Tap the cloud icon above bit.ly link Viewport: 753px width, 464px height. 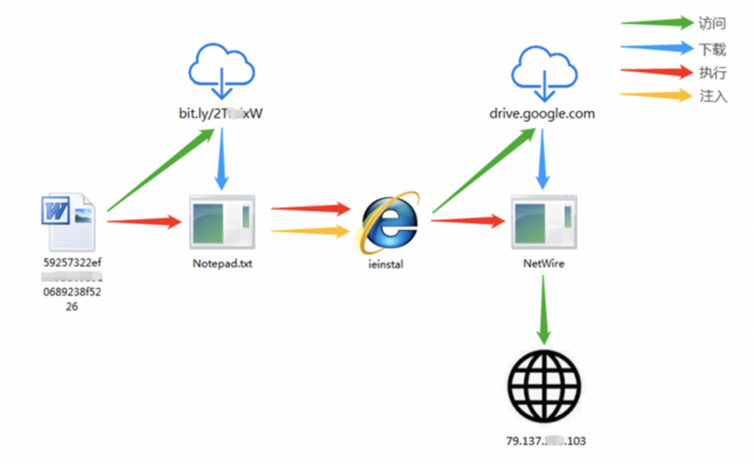[x=221, y=71]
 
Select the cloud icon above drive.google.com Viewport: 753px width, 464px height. [x=544, y=71]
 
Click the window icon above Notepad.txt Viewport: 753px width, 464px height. [x=221, y=221]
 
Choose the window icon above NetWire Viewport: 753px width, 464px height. [x=544, y=221]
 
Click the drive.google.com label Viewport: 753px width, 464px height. [x=542, y=114]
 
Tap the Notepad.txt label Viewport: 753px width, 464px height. [x=222, y=263]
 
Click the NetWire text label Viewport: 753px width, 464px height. [x=543, y=263]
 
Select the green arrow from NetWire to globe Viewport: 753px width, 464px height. [x=543, y=310]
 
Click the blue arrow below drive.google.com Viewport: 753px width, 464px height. [x=543, y=158]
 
